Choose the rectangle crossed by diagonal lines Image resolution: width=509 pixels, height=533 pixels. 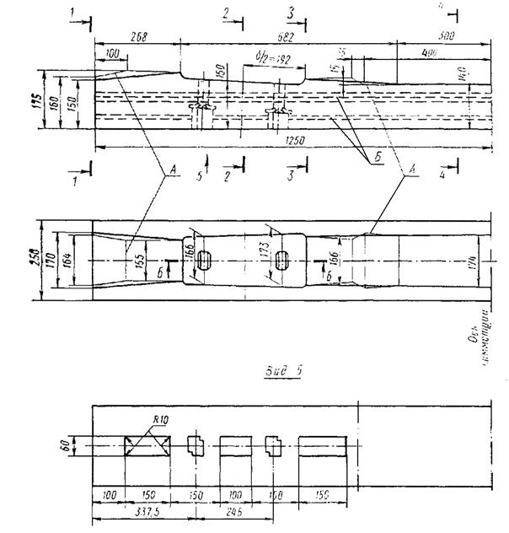pos(147,446)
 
